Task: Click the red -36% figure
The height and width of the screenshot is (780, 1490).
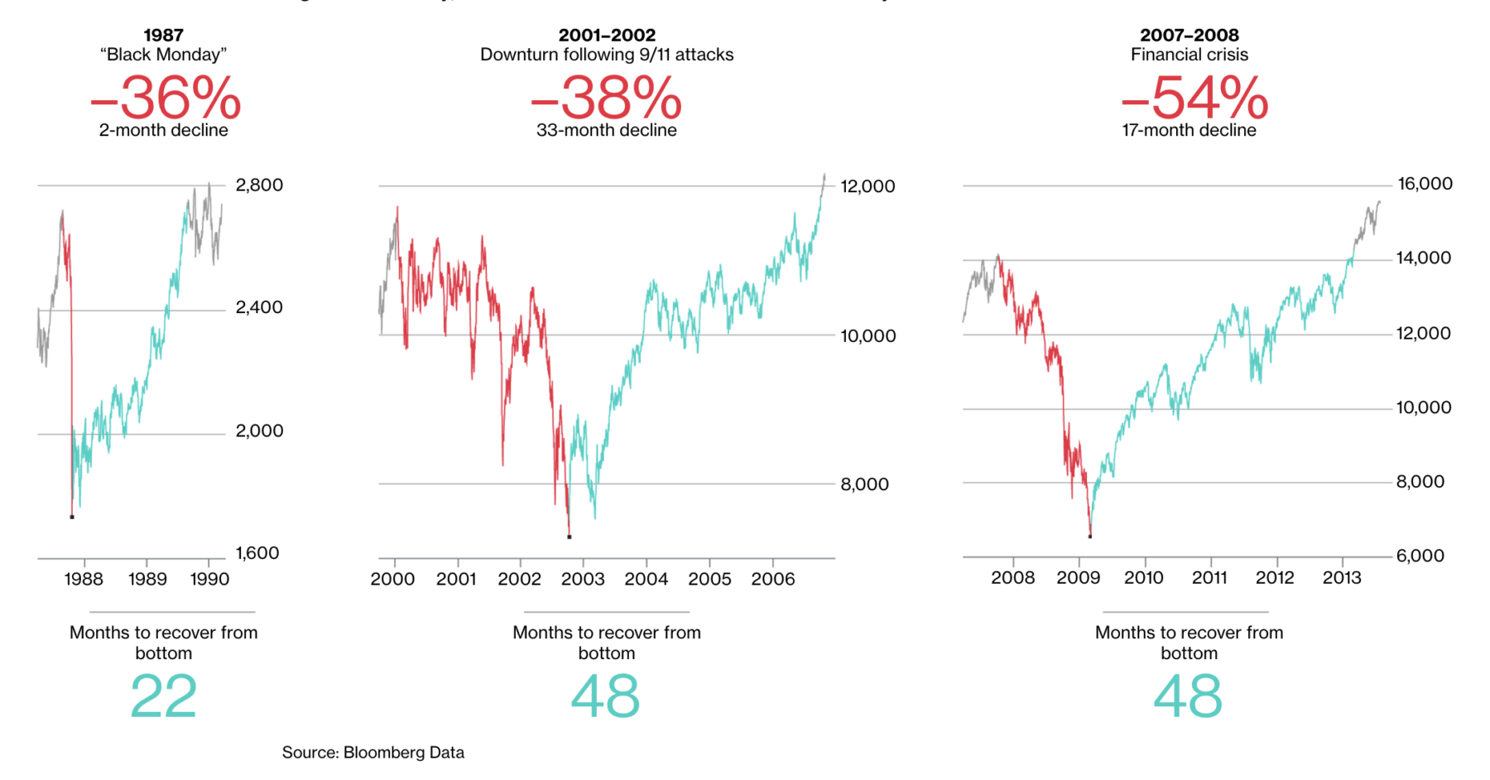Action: point(166,99)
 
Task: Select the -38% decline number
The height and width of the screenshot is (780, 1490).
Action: point(606,99)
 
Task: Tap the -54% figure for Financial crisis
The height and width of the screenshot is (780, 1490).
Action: point(1194,99)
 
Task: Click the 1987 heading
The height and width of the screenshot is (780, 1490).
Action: point(163,35)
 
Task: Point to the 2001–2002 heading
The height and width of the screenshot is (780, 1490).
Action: point(607,35)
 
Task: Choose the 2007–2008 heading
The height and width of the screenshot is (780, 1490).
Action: point(1189,35)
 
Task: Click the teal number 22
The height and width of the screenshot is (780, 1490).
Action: point(164,696)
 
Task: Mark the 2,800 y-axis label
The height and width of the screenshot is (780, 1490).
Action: point(259,185)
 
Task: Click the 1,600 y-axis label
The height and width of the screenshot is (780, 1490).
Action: point(257,553)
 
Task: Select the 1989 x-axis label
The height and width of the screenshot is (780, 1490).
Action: point(147,579)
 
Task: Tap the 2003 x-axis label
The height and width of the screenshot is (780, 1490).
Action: point(583,579)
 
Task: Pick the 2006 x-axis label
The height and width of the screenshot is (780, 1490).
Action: point(773,579)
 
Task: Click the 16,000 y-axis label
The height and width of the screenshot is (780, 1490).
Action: point(1425,184)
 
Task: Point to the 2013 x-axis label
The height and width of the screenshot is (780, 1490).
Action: point(1341,578)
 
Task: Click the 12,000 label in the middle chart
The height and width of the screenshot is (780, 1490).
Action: point(868,186)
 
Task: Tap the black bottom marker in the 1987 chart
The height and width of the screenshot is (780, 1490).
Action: point(72,517)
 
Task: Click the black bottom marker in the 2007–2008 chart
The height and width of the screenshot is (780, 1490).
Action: point(1090,537)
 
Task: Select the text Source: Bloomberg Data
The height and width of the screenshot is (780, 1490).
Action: point(372,753)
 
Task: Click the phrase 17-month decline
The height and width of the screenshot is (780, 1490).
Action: point(1189,130)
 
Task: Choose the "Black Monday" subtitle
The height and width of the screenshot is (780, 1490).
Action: point(163,55)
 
